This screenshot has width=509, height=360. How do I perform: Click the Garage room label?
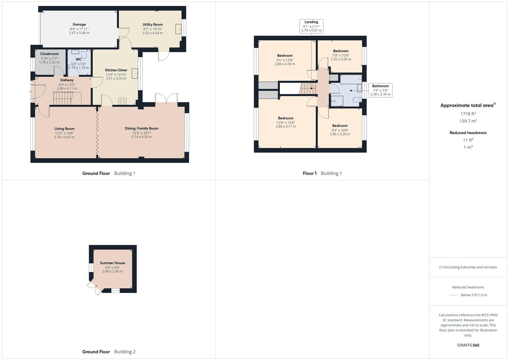tap(79, 24)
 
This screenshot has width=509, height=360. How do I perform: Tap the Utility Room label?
tap(153, 24)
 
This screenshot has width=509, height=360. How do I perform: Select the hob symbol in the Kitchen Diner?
tap(122, 101)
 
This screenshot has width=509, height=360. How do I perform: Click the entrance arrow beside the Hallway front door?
tap(30, 92)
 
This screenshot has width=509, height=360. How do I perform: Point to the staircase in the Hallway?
tap(63, 99)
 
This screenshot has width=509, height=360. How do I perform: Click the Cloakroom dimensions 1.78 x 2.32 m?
tap(49, 62)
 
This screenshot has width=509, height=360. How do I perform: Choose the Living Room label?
tap(64, 129)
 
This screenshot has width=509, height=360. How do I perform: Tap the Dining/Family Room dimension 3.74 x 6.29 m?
tap(141, 137)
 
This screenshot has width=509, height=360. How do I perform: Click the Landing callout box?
tap(311, 26)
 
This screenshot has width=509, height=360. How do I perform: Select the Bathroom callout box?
tap(380, 90)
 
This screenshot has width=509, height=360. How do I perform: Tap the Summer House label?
tap(112, 263)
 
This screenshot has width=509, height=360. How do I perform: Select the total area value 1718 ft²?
tap(468, 114)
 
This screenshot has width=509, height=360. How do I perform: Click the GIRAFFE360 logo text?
tap(468, 345)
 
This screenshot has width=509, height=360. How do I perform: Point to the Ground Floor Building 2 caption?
tap(109, 352)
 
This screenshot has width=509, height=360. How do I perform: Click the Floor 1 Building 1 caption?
tap(322, 173)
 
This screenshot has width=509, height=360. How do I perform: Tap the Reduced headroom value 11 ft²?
tap(468, 140)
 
